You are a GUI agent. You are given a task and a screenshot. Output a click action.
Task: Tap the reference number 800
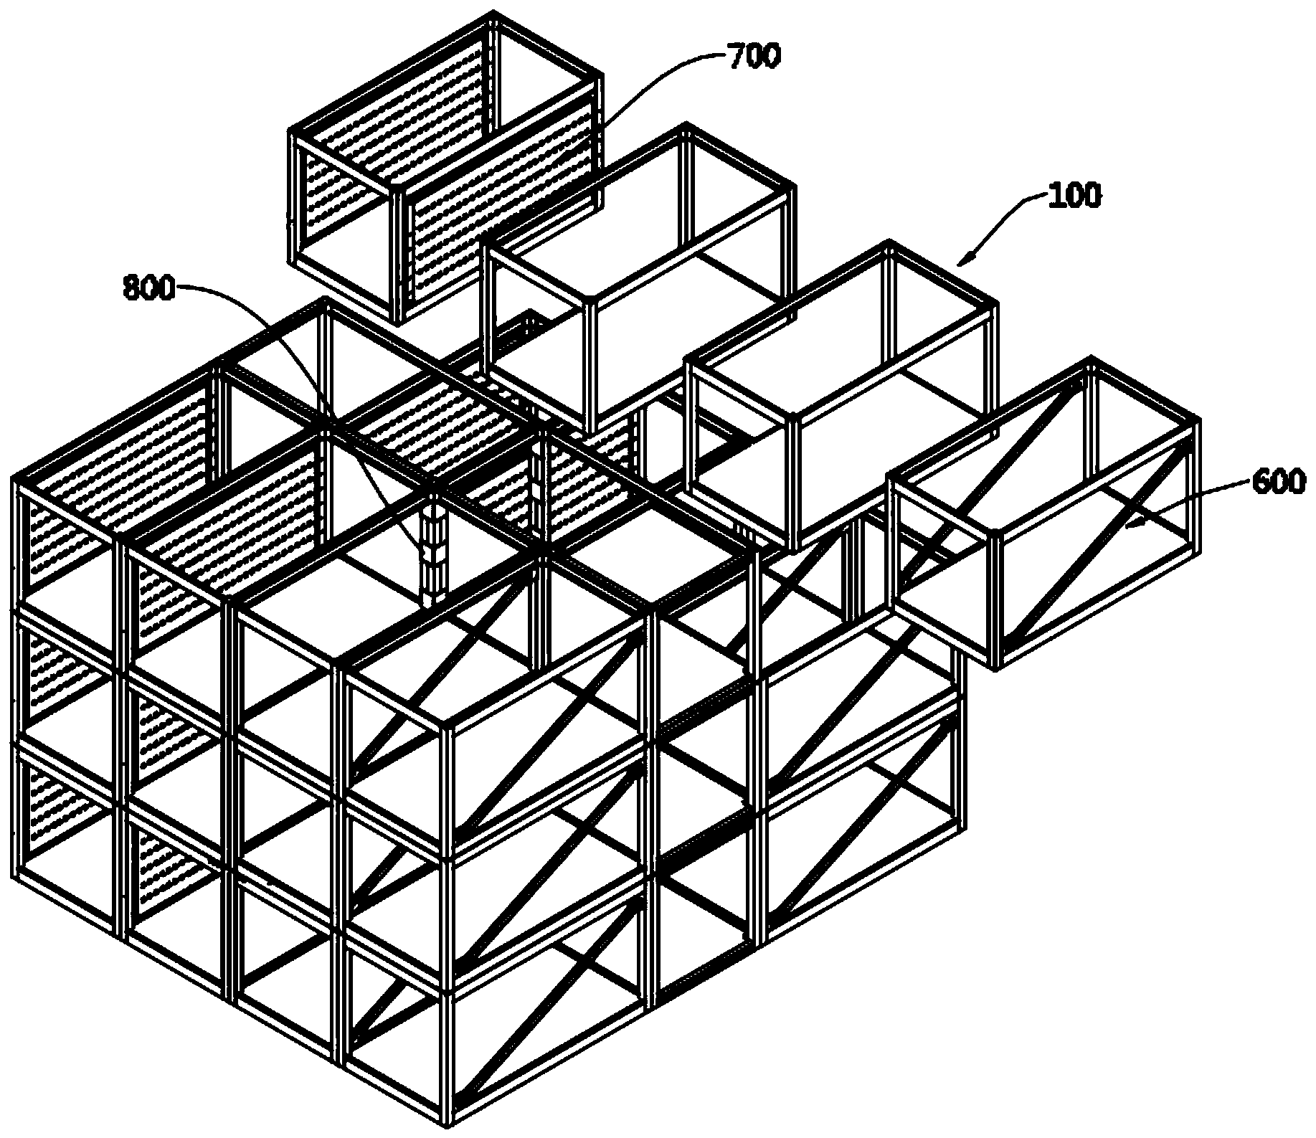149,289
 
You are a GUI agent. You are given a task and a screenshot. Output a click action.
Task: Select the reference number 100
1073,196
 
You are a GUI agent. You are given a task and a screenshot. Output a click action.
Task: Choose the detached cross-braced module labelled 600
1043,513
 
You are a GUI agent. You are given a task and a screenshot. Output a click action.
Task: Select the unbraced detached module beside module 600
843,394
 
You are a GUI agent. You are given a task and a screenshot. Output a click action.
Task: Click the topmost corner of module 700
494,13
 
